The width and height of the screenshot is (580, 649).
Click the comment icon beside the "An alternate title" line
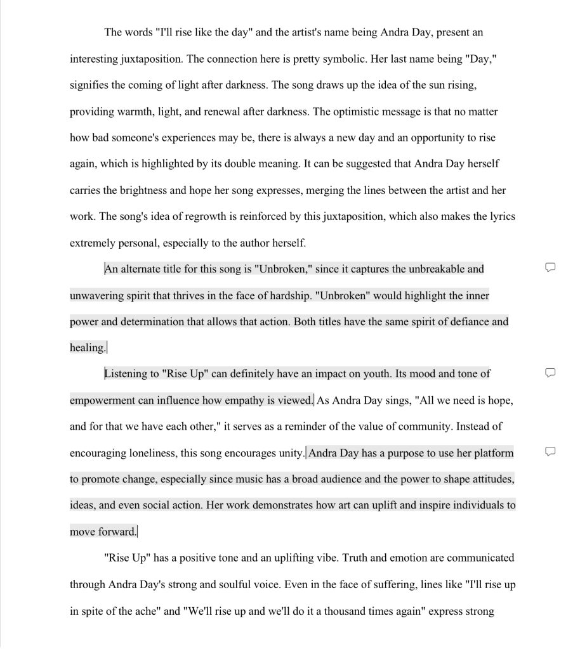tap(550, 267)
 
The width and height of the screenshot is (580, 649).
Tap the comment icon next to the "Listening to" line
tap(550, 372)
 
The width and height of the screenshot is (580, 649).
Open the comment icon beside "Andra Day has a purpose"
tap(550, 451)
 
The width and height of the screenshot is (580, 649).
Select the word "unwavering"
tap(96, 295)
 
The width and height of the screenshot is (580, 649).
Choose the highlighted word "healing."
tap(88, 347)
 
